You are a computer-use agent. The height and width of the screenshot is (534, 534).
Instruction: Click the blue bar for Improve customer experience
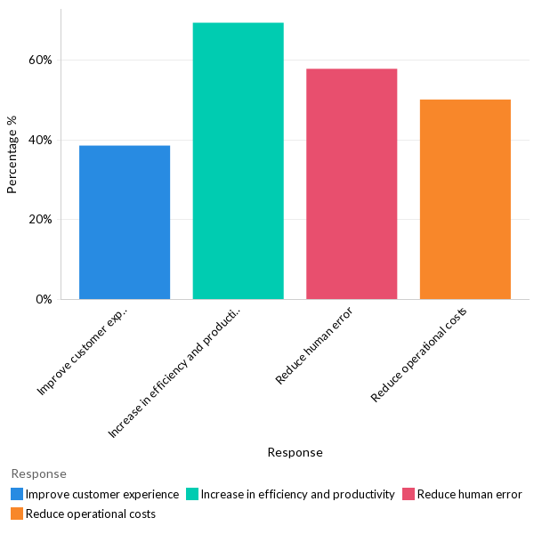(x=125, y=222)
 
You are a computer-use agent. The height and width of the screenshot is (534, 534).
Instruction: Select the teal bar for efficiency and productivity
(x=238, y=161)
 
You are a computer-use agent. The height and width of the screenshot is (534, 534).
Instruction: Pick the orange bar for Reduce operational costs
(x=465, y=199)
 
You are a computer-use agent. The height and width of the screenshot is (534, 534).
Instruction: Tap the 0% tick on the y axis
(x=44, y=299)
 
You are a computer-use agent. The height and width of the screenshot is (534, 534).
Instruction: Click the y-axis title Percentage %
(x=12, y=155)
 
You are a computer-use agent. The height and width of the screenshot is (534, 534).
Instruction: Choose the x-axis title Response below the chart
(x=295, y=452)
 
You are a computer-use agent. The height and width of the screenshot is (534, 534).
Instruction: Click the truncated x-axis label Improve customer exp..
(x=84, y=351)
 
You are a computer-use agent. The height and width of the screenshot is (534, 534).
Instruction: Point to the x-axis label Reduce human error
(x=314, y=344)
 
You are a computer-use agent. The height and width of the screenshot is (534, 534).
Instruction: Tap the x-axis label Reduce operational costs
(x=418, y=353)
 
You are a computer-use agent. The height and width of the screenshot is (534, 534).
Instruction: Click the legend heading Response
(x=38, y=473)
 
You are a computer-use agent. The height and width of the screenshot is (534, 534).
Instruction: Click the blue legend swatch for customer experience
(x=17, y=494)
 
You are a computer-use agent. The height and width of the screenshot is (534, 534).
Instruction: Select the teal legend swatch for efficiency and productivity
(x=192, y=494)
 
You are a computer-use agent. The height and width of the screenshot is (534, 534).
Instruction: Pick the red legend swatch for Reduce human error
(x=409, y=494)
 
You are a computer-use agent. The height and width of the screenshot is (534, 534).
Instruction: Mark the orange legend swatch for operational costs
(x=17, y=514)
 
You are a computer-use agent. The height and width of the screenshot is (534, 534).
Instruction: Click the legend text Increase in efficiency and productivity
(x=297, y=494)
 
